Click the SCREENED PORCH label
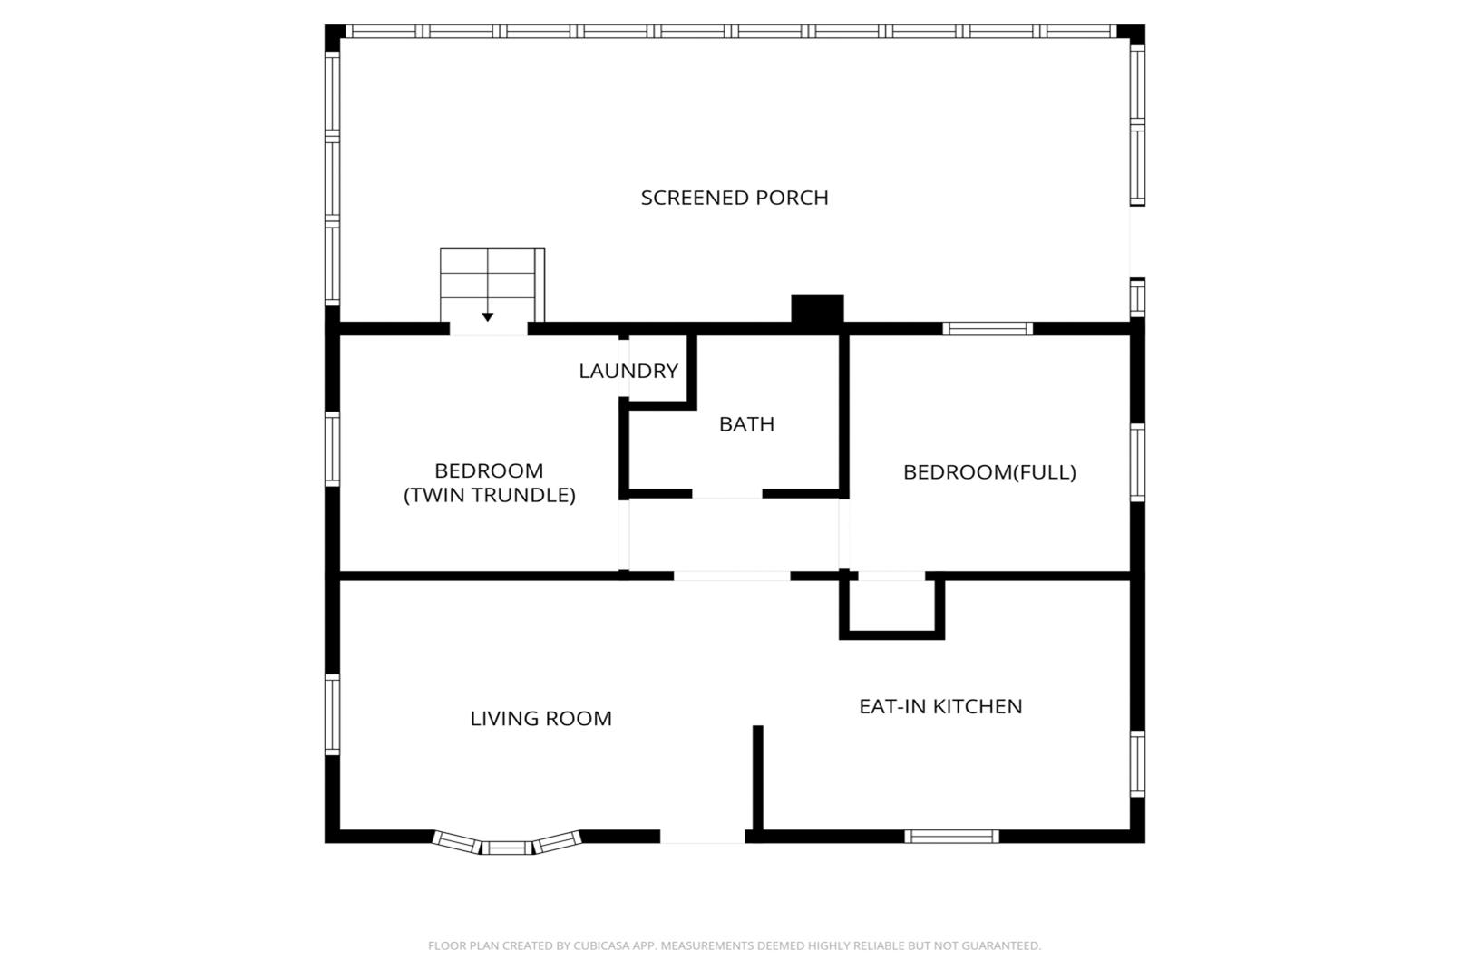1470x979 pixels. pos(735,198)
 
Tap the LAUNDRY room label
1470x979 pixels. pos(628,372)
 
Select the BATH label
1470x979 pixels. pos(747,424)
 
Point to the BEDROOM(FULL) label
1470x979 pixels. pos(989,472)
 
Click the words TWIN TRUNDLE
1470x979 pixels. pos(490,496)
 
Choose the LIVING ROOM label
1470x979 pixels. pos(540,719)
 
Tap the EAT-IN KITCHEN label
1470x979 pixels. pos(940,707)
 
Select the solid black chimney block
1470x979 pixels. pos(817,308)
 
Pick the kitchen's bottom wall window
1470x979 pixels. pos(951,837)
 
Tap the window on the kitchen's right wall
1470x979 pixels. pos(1137,764)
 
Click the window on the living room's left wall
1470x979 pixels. pos(332,715)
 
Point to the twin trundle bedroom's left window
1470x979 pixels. pos(332,450)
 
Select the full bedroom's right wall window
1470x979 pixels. pos(1137,462)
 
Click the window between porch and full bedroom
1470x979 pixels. pos(988,329)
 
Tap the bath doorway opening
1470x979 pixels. pos(727,494)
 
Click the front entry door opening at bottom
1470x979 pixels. pos(702,837)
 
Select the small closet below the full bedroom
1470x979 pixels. pos(891,607)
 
